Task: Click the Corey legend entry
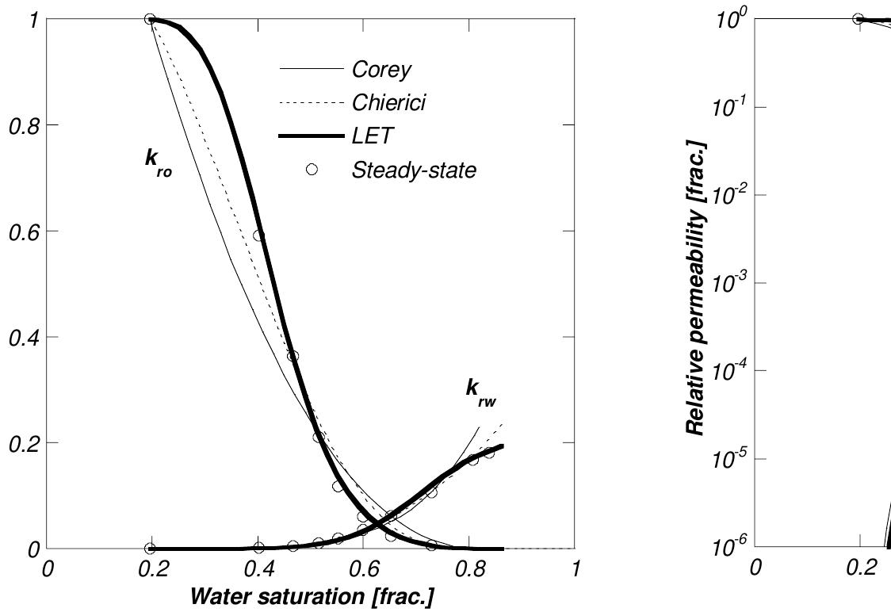pyautogui.click(x=381, y=70)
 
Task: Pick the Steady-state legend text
pyautogui.click(x=414, y=170)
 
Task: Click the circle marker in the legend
pyautogui.click(x=312, y=170)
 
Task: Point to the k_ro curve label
pyautogui.click(x=157, y=159)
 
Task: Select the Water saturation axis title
pyautogui.click(x=311, y=596)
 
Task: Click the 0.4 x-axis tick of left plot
pyautogui.click(x=259, y=569)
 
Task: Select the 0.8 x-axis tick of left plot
pyautogui.click(x=470, y=569)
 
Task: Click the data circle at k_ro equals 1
pyautogui.click(x=149, y=19)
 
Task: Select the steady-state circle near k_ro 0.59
pyautogui.click(x=258, y=235)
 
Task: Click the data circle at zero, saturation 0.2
pyautogui.click(x=149, y=549)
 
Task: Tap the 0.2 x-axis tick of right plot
pyautogui.click(x=859, y=569)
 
